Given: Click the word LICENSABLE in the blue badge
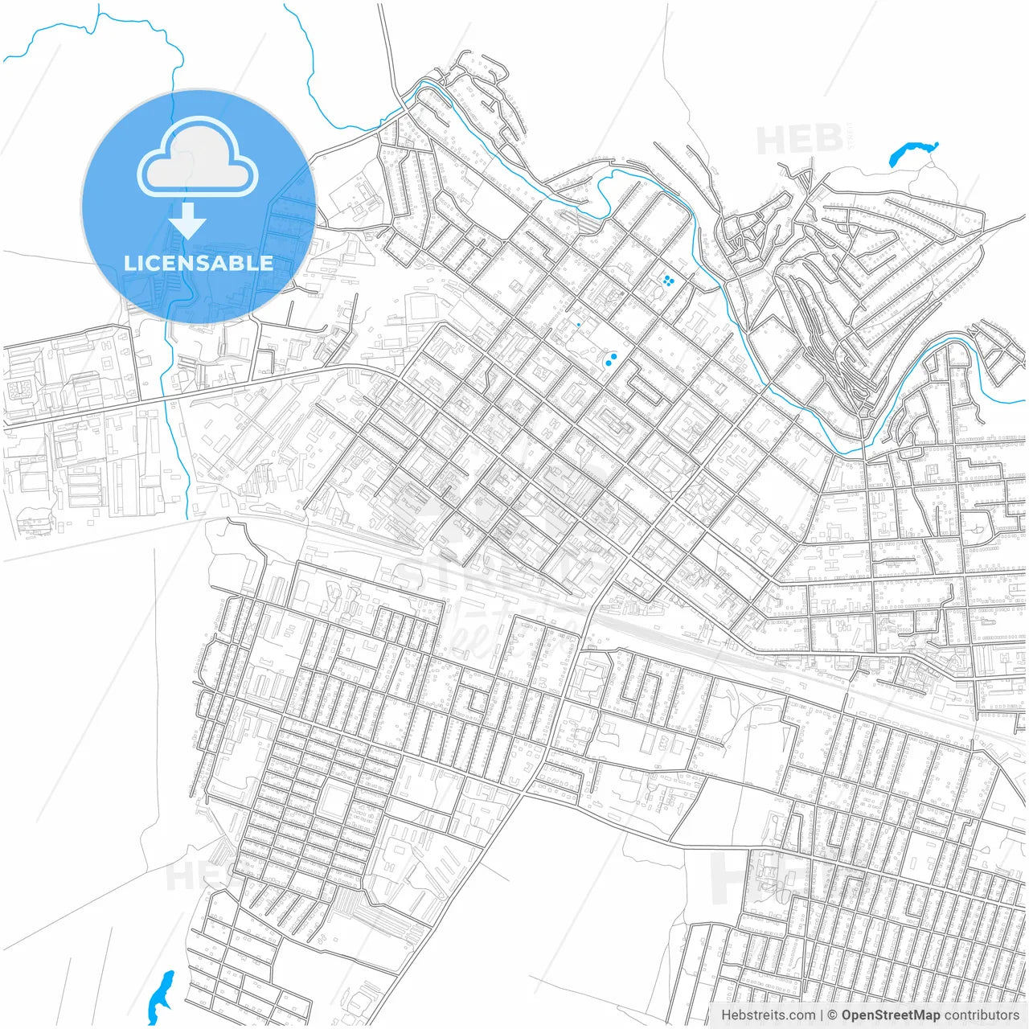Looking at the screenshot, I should [198, 263].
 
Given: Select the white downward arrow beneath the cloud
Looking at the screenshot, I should [188, 221].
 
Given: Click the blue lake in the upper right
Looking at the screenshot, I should [912, 153].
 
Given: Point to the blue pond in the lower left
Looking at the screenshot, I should [161, 994].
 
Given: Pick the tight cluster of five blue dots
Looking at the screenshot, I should [667, 281].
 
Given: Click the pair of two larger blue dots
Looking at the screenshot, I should [612, 359].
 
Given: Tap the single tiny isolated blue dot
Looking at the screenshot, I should [579, 325].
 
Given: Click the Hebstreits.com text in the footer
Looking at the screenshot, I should [769, 1015].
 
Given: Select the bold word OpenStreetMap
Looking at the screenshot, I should [891, 1015].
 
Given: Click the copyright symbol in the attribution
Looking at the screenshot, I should [833, 1015].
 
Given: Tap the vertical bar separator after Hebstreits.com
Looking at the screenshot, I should [822, 1015].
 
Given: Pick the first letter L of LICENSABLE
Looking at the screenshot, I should [129, 263].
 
